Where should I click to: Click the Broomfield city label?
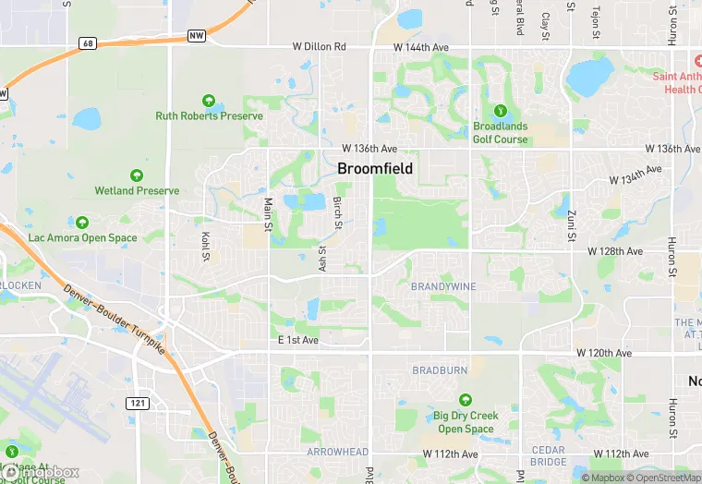tap(375, 169)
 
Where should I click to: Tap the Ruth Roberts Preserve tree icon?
tap(210, 101)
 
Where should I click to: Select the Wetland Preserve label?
tap(137, 190)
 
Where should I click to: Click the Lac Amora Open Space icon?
tap(82, 223)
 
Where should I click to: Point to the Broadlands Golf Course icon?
tap(500, 110)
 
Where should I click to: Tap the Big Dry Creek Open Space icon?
tap(465, 400)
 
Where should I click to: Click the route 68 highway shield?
tap(88, 43)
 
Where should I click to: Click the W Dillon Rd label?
tap(319, 46)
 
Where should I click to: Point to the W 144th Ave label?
tap(420, 46)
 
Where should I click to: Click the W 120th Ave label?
tap(604, 354)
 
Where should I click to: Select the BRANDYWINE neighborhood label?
tap(443, 286)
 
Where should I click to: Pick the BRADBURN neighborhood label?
tap(440, 369)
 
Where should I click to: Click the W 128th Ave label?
tap(615, 251)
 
